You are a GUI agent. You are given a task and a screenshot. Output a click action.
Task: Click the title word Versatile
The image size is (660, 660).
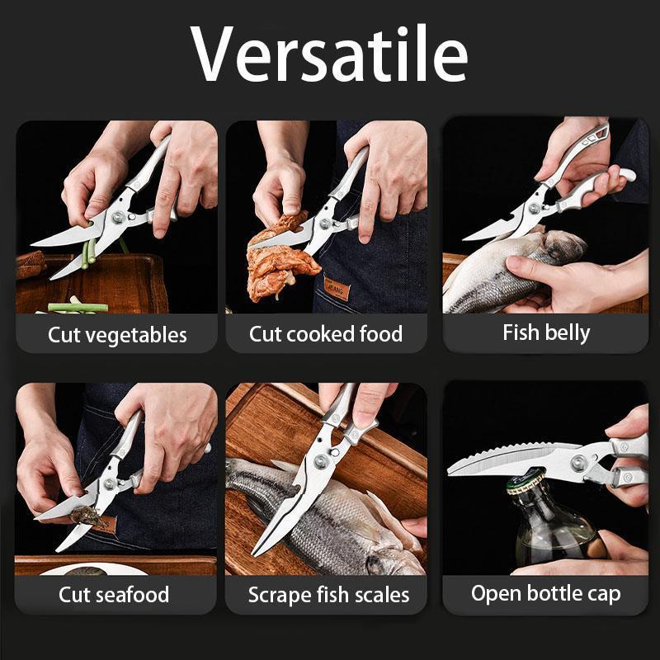point(330,54)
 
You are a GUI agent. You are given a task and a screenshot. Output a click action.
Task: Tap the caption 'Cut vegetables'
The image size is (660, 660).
point(117,335)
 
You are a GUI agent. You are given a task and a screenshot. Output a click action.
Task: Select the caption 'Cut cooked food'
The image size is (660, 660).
point(326,334)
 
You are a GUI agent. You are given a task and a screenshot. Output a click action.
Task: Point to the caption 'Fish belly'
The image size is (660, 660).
point(546,332)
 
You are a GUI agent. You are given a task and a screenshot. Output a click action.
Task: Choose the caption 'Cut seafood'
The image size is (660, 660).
point(114,594)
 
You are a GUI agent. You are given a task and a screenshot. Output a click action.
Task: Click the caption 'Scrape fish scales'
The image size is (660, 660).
point(328,595)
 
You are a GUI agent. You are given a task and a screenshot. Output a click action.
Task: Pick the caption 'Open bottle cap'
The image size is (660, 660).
point(546,593)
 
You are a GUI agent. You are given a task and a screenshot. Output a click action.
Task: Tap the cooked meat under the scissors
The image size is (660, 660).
point(280,264)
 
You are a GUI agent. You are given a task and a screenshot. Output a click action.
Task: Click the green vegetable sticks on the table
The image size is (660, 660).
point(78,308)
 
